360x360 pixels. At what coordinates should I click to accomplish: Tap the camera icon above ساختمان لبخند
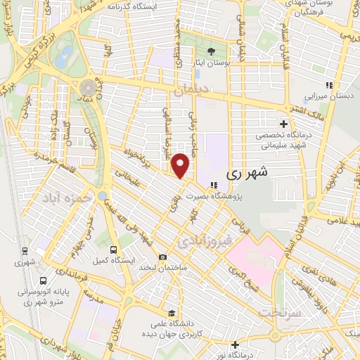click(163, 257)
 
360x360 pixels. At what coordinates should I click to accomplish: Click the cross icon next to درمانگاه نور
click(236, 345)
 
